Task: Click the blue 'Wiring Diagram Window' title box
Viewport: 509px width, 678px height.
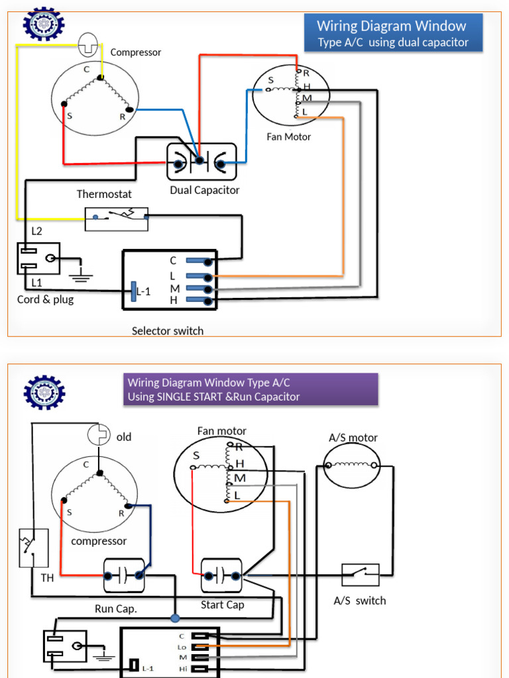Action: coord(393,34)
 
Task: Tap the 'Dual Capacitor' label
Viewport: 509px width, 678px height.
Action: coord(204,190)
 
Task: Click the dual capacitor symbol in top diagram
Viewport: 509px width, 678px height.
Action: coord(201,161)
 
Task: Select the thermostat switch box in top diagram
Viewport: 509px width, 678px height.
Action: coord(117,218)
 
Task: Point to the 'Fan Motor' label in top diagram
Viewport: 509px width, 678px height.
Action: coord(288,137)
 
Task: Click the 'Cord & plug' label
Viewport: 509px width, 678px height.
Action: coord(45,299)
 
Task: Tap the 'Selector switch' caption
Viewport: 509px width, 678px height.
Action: coord(168,330)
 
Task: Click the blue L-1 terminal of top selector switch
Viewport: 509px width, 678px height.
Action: coord(133,290)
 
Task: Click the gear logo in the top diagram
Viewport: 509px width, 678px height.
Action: coord(44,25)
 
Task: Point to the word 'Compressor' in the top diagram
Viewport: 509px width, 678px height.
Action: coord(135,52)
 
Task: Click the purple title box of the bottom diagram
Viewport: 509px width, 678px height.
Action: coord(251,389)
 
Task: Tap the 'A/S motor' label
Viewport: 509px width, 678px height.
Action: coord(353,438)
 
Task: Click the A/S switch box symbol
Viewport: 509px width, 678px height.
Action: coord(361,574)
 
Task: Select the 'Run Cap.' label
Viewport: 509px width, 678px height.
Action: coord(116,608)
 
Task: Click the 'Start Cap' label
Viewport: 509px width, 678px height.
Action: coord(222,605)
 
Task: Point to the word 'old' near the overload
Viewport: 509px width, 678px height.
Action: coord(124,437)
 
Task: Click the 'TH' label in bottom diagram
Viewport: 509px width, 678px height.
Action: coord(47,577)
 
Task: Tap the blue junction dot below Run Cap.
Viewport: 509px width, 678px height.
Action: coord(175,618)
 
